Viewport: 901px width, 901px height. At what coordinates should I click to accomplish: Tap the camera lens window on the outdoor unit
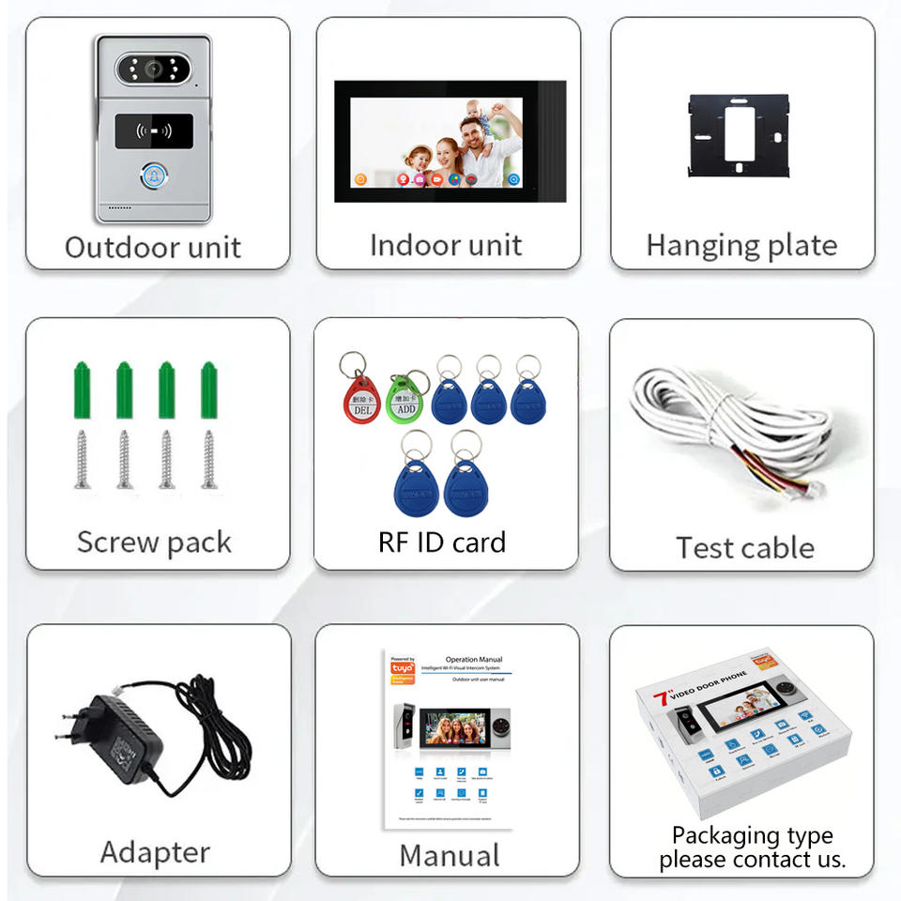[154, 69]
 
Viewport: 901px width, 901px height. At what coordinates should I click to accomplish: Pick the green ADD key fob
[405, 398]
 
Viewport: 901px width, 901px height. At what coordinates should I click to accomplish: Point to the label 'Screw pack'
[154, 542]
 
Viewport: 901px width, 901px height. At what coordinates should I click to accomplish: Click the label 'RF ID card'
[442, 542]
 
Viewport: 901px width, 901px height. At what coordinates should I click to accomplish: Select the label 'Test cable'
[745, 547]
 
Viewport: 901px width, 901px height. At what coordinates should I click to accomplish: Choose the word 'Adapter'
[155, 852]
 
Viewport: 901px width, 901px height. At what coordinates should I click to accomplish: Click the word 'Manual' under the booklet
[450, 855]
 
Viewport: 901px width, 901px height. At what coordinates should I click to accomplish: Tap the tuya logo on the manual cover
[401, 669]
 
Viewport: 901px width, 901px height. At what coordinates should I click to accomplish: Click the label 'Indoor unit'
[446, 245]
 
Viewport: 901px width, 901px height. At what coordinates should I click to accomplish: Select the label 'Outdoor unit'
[153, 248]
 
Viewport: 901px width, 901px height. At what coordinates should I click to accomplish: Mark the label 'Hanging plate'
[741, 245]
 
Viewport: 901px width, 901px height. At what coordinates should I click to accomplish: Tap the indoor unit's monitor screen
[435, 142]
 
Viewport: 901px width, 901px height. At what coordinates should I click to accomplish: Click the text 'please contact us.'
[752, 858]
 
